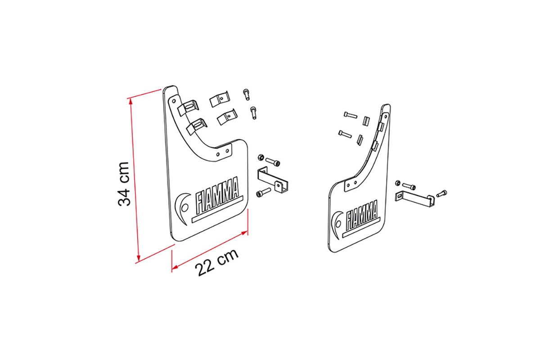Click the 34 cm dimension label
pos(124,184)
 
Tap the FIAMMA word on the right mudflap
pos(362,215)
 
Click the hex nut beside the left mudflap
pos(261,157)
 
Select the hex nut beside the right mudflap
pos(398,183)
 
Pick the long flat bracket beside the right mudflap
pos(414,200)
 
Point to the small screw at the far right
pos(441,193)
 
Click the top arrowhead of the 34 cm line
pos(130,101)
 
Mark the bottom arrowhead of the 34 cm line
pos(139,259)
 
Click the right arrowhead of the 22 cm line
pos(244,233)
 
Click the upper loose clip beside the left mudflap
pos(219,99)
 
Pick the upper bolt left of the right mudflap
pos(351,115)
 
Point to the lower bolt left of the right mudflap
pos(345,134)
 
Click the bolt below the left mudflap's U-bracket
pos(264,193)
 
